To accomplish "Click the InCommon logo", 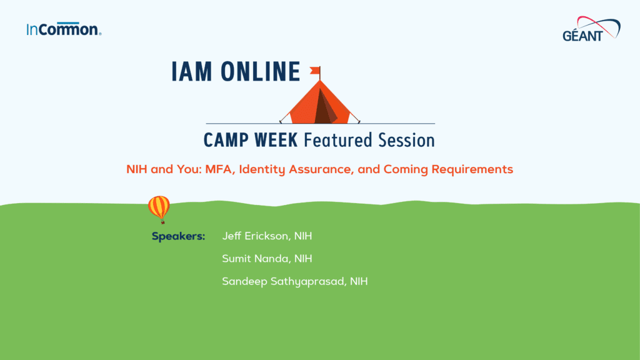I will (64, 29).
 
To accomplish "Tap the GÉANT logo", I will (591, 30).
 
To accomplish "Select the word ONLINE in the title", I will (262, 72).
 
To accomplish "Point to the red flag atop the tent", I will (315, 70).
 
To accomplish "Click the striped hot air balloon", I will (159, 208).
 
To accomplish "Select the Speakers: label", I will (178, 236).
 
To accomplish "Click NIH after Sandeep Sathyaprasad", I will (359, 281).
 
